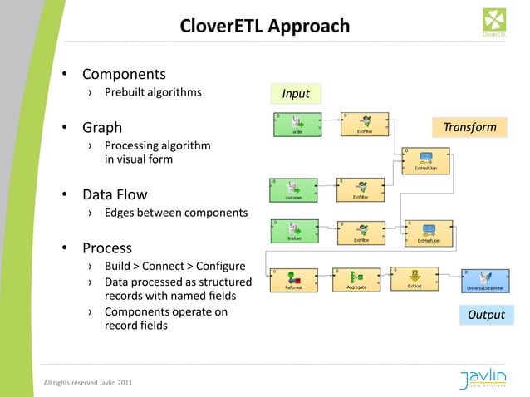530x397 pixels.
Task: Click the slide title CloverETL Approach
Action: tap(264, 27)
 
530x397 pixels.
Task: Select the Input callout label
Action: tap(295, 93)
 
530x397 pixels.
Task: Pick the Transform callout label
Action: tap(469, 127)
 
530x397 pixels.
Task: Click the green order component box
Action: tap(297, 124)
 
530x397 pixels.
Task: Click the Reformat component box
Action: tap(294, 280)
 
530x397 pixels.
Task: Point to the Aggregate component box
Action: tap(356, 280)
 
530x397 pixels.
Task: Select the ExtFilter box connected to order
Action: tap(363, 124)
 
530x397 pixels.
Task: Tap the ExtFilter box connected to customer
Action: tap(361, 189)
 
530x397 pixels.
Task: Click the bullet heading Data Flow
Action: tap(114, 195)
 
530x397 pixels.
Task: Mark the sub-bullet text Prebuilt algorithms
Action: tap(152, 91)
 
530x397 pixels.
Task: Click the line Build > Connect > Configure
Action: tap(174, 266)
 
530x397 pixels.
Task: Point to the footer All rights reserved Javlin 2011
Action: tap(87, 382)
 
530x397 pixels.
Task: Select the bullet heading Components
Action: tap(123, 75)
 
